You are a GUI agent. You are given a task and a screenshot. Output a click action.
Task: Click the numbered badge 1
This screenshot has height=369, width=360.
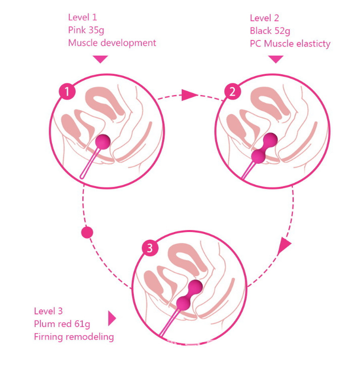point(67,91)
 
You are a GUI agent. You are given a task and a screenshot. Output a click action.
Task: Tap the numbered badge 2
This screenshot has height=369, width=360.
point(232,91)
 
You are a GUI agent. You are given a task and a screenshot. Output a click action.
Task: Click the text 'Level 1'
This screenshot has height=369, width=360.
point(82,18)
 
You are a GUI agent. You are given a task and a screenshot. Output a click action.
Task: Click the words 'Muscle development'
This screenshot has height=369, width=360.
point(112,43)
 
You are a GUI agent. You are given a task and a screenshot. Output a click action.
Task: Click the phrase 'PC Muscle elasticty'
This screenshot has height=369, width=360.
point(290,43)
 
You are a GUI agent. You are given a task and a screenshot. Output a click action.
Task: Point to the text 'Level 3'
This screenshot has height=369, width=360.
point(48,311)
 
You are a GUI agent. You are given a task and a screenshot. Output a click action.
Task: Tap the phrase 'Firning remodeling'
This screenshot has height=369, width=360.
point(74,337)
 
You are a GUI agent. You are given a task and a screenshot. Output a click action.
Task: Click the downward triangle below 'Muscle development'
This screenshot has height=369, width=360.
point(100,59)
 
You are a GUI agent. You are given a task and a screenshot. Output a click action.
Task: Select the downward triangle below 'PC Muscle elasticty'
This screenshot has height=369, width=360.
point(275,59)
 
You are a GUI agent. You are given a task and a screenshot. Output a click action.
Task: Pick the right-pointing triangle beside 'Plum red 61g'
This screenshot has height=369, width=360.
point(112,318)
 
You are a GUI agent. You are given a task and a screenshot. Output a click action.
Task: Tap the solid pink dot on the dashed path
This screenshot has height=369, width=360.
point(87,232)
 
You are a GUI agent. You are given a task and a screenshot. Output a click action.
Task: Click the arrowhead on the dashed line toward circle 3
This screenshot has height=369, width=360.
point(284,246)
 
